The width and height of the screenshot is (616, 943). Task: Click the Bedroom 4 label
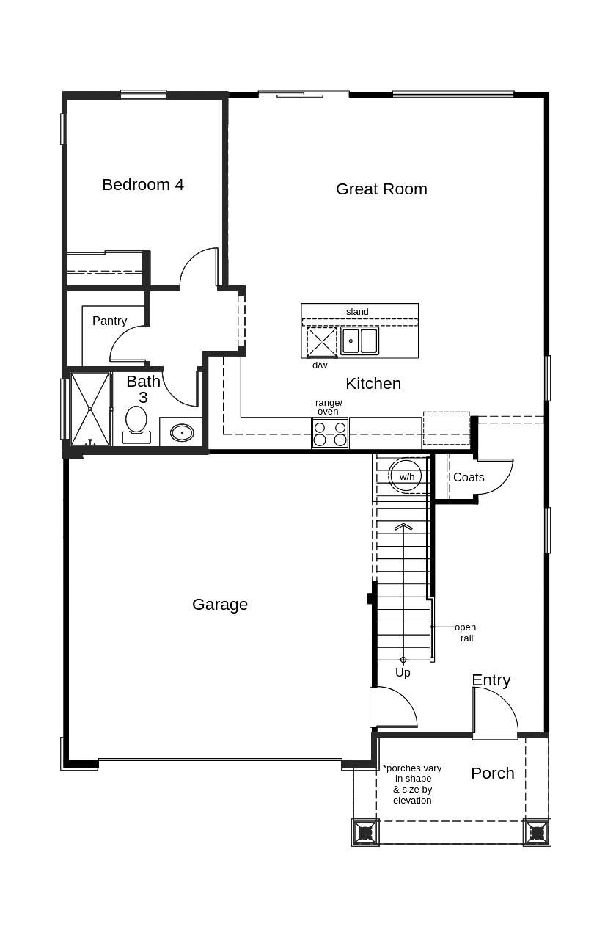point(143,185)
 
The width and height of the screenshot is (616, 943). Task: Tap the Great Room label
point(381,189)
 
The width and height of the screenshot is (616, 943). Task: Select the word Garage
point(220,605)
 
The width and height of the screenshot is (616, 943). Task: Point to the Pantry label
point(109,321)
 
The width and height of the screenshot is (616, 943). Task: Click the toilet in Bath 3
point(136,425)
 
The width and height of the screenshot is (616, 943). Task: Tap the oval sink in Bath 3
point(182,432)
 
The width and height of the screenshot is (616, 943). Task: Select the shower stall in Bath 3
point(90,409)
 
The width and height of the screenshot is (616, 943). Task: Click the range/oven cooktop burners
point(330,433)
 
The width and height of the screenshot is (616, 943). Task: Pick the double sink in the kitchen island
point(359,341)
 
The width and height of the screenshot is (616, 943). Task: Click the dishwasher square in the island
point(322,341)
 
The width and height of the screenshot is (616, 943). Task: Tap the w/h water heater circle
point(406,476)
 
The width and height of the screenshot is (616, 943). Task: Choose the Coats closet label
point(469,478)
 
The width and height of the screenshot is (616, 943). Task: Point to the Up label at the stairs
point(403,673)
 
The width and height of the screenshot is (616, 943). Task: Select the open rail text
point(466,633)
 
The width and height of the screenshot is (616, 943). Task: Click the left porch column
point(364,833)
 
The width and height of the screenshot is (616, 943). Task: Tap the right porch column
point(537,833)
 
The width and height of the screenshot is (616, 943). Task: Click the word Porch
point(493,773)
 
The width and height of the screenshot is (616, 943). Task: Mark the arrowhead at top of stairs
point(403,527)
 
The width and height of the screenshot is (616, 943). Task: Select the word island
point(356,312)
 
